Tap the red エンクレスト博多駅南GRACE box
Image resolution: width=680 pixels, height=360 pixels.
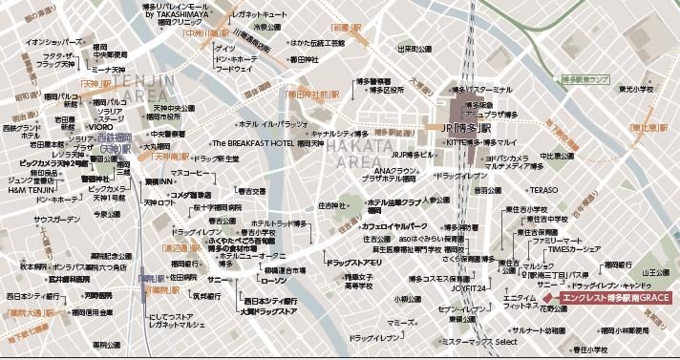coord(615,298)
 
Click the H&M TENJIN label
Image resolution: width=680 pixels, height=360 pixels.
coord(28,188)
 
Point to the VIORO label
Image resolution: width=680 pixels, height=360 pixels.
coord(101,125)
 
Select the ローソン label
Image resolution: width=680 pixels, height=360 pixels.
coord(273,283)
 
